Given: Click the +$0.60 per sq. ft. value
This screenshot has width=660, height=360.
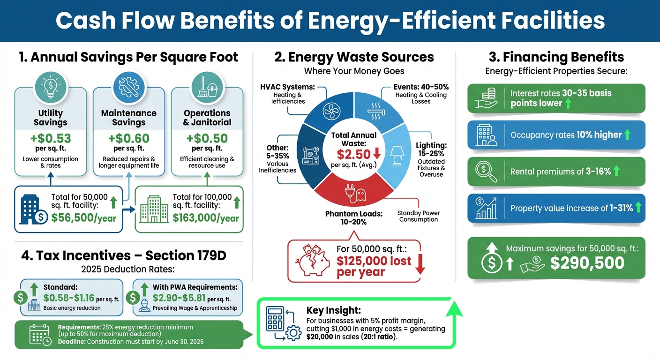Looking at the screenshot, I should [x=129, y=139].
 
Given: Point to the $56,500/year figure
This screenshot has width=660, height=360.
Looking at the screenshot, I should [x=84, y=217].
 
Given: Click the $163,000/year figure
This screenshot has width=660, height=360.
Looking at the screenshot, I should [x=205, y=217].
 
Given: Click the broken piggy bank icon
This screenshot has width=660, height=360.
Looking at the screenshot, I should [x=311, y=260].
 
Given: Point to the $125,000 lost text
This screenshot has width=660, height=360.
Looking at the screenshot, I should [x=374, y=261].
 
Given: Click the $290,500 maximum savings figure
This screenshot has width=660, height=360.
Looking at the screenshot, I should [x=587, y=262].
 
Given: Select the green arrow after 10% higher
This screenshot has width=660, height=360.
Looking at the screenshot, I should [x=628, y=135].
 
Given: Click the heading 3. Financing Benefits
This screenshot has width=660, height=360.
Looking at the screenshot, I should [x=556, y=57].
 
